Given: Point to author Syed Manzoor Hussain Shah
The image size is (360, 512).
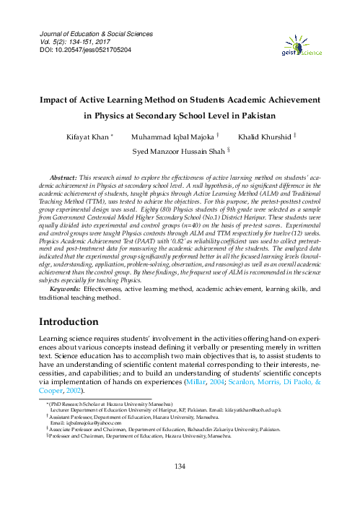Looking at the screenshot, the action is [x=177, y=152].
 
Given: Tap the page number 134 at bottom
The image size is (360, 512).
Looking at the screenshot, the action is [x=180, y=487].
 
